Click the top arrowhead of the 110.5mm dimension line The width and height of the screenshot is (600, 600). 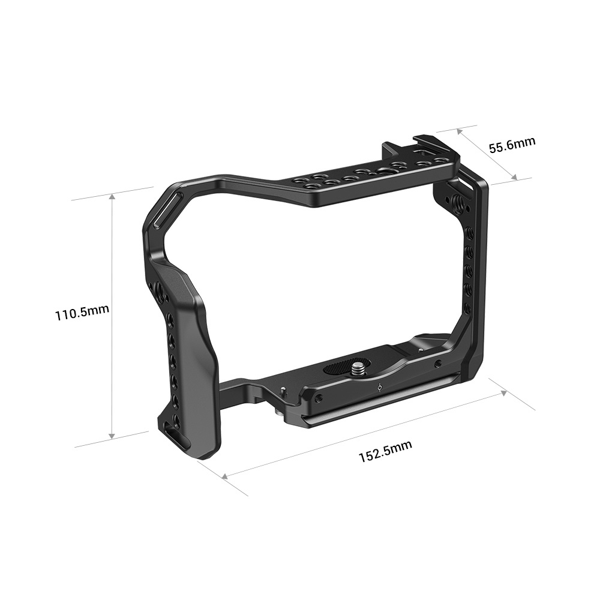tap(112, 196)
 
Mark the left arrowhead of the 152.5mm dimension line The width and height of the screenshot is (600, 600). tap(225, 477)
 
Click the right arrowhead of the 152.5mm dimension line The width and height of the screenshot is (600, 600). tap(506, 392)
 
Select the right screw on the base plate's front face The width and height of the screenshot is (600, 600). tap(439, 364)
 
